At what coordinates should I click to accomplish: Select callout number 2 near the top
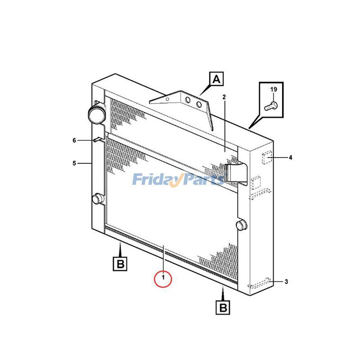(x=224, y=97)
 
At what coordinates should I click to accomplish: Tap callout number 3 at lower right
(x=286, y=282)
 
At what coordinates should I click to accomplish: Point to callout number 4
(x=290, y=157)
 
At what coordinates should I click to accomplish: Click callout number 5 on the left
(x=74, y=163)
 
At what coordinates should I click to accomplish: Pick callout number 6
(x=74, y=140)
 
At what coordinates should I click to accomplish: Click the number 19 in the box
(x=273, y=90)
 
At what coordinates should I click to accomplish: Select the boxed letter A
(x=216, y=80)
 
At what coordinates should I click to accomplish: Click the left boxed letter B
(x=120, y=263)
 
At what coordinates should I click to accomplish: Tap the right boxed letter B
(x=224, y=307)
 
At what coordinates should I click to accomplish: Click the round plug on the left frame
(x=97, y=199)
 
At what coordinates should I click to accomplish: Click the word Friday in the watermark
(x=156, y=180)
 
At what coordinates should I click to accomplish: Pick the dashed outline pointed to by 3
(x=260, y=283)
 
